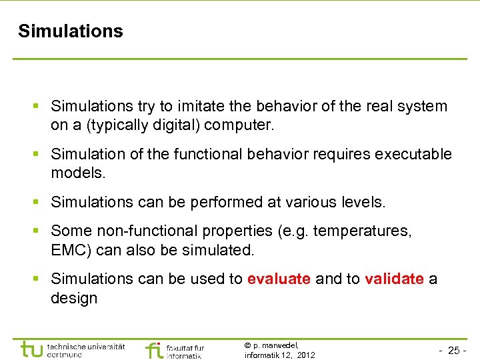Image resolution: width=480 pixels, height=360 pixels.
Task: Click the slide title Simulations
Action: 71,31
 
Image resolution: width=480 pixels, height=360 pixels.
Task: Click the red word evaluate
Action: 279,279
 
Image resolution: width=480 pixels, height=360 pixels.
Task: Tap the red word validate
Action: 394,279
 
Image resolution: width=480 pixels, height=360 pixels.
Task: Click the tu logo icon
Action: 31,349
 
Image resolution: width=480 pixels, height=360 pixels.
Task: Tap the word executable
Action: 413,155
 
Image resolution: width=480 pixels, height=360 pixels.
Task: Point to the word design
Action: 74,298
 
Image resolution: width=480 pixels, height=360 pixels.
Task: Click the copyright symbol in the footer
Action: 247,345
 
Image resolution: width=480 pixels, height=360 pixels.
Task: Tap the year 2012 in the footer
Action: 306,355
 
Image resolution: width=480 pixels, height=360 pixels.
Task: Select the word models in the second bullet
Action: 79,173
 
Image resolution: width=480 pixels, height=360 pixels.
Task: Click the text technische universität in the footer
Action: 86,347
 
